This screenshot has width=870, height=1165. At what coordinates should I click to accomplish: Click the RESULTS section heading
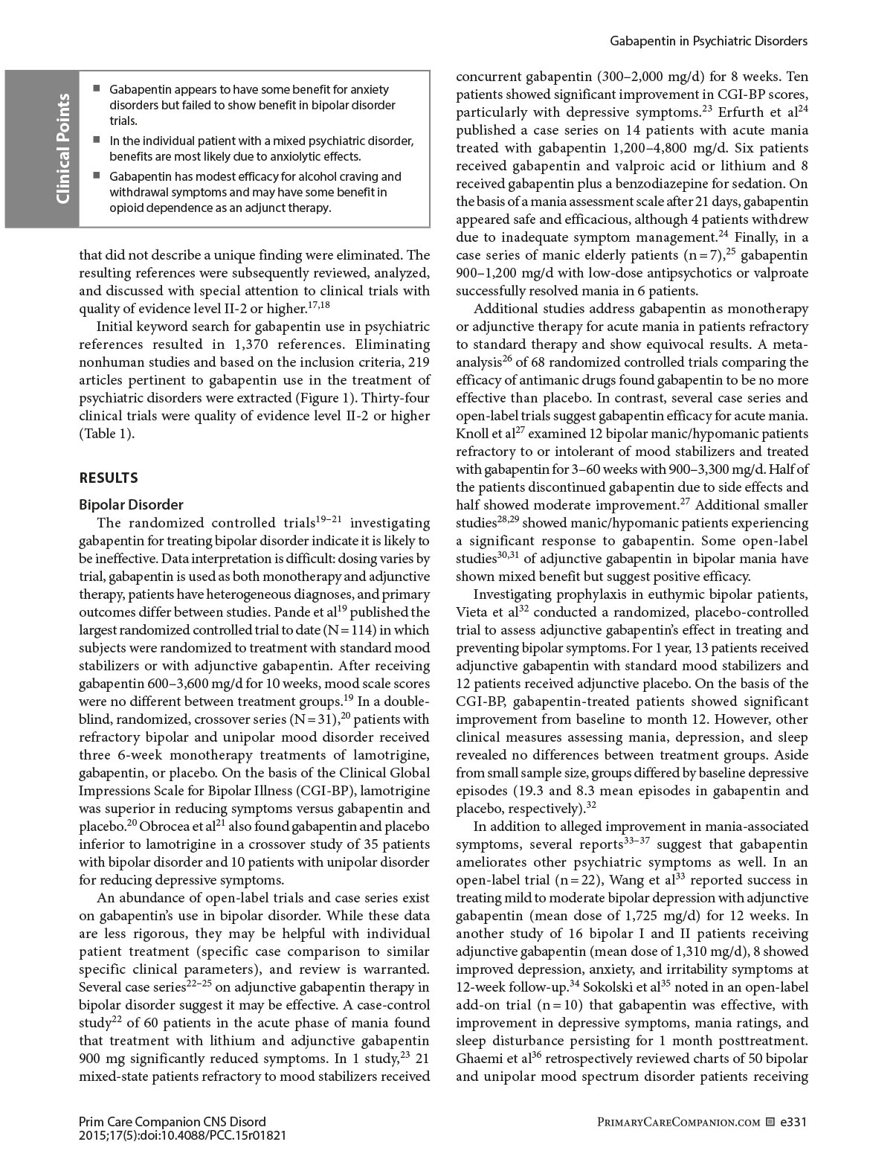[x=109, y=478]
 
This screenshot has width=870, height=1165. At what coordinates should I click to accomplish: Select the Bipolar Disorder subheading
[x=131, y=504]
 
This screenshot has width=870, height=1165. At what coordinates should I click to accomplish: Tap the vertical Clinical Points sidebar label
[x=62, y=149]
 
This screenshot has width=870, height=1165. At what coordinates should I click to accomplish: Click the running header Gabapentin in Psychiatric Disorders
[x=709, y=41]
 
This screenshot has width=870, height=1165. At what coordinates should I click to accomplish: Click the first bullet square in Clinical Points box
[x=97, y=89]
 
